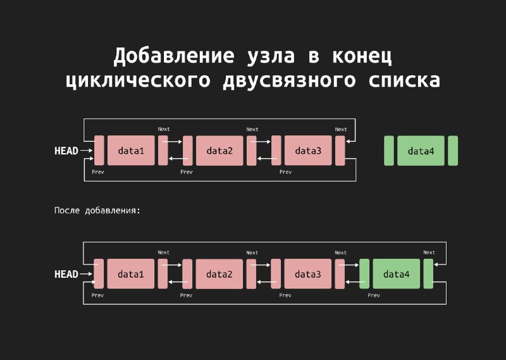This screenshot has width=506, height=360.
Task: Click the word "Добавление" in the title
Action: pyautogui.click(x=173, y=56)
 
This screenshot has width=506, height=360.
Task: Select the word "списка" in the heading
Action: pyautogui.click(x=404, y=80)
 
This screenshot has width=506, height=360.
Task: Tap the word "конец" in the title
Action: pyautogui.click(x=362, y=56)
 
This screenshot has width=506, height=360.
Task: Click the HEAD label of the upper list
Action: pyautogui.click(x=66, y=151)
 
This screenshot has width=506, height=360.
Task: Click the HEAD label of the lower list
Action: pyautogui.click(x=66, y=274)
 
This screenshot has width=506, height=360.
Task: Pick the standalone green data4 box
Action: pyautogui.click(x=421, y=151)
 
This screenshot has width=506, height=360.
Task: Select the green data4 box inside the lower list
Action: pyautogui.click(x=397, y=274)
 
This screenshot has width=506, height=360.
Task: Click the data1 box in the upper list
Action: pyautogui.click(x=131, y=151)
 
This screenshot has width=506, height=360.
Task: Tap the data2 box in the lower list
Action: pyautogui.click(x=219, y=274)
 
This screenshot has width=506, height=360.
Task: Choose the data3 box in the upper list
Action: pyautogui.click(x=308, y=151)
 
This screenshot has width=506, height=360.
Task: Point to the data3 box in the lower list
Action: pyautogui.click(x=308, y=274)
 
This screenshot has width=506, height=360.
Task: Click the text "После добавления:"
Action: pyautogui.click(x=97, y=211)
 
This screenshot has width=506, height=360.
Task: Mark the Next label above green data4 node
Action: pyautogui.click(x=429, y=252)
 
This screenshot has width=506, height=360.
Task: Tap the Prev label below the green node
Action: pyautogui.click(x=374, y=295)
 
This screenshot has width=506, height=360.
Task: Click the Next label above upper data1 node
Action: pyautogui.click(x=164, y=129)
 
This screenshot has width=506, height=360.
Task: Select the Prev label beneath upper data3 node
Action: pyautogui.click(x=285, y=171)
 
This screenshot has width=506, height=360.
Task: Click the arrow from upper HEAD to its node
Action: pyautogui.click(x=86, y=151)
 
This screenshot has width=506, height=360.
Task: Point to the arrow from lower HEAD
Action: pyautogui.click(x=86, y=274)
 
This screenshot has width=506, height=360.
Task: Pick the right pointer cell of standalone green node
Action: pyautogui.click(x=453, y=151)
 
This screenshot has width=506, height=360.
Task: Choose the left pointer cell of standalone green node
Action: pyautogui.click(x=389, y=151)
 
